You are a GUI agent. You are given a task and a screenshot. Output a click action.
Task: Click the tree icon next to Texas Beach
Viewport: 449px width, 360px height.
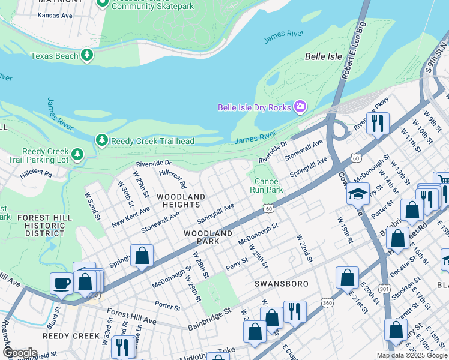point(88,56)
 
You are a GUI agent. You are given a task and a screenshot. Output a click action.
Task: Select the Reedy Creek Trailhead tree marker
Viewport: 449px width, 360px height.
point(102,140)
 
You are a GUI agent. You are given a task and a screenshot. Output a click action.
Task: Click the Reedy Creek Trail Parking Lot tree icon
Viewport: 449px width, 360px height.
point(77,155)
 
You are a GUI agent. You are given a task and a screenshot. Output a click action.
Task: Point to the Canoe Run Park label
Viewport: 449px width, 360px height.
point(266,185)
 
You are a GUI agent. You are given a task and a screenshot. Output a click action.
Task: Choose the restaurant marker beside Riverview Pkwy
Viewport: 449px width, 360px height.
point(378,124)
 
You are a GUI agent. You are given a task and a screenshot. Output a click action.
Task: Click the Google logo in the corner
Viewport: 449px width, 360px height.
point(20,352)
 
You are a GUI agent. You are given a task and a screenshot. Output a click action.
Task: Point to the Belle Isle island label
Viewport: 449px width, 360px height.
point(324,56)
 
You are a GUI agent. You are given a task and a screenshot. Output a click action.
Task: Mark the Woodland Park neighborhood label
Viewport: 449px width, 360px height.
point(208,236)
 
